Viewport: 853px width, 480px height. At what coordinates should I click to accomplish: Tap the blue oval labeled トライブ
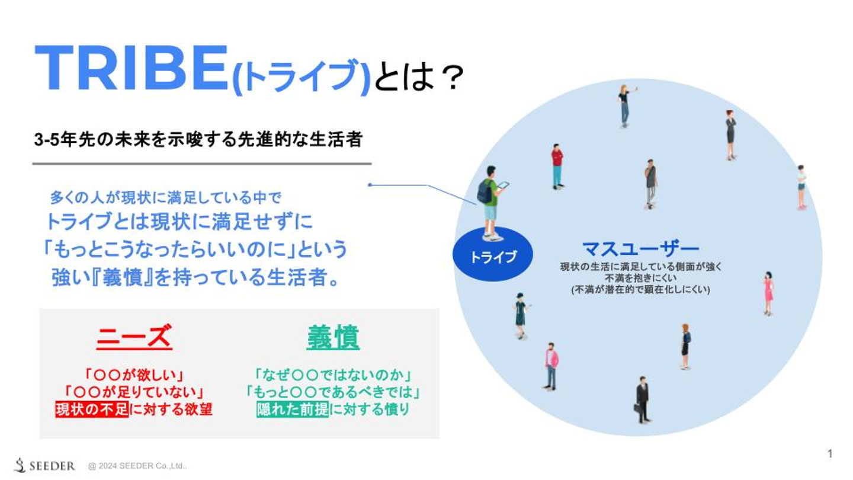pos(493,257)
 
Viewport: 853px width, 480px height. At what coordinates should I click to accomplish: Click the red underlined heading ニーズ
pos(134,337)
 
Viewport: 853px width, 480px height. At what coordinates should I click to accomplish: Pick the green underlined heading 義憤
pos(333,337)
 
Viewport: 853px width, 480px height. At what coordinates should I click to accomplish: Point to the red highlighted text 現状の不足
pos(92,409)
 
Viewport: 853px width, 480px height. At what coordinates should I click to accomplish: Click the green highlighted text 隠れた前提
pos(293,409)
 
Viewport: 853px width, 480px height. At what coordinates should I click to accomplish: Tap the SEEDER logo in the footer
pos(45,466)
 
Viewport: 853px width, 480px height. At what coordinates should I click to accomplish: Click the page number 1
pos(830,454)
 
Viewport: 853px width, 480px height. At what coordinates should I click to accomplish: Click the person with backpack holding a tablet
pos(491,201)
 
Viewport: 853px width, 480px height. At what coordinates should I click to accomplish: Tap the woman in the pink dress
pos(768,293)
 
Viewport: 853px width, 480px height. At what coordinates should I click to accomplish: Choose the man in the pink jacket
pos(551,366)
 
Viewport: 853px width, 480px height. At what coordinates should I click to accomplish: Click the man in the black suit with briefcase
pos(642,399)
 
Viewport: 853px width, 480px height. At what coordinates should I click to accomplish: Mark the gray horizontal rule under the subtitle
pos(201,164)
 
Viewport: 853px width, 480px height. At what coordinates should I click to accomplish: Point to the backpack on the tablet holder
pos(484,191)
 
